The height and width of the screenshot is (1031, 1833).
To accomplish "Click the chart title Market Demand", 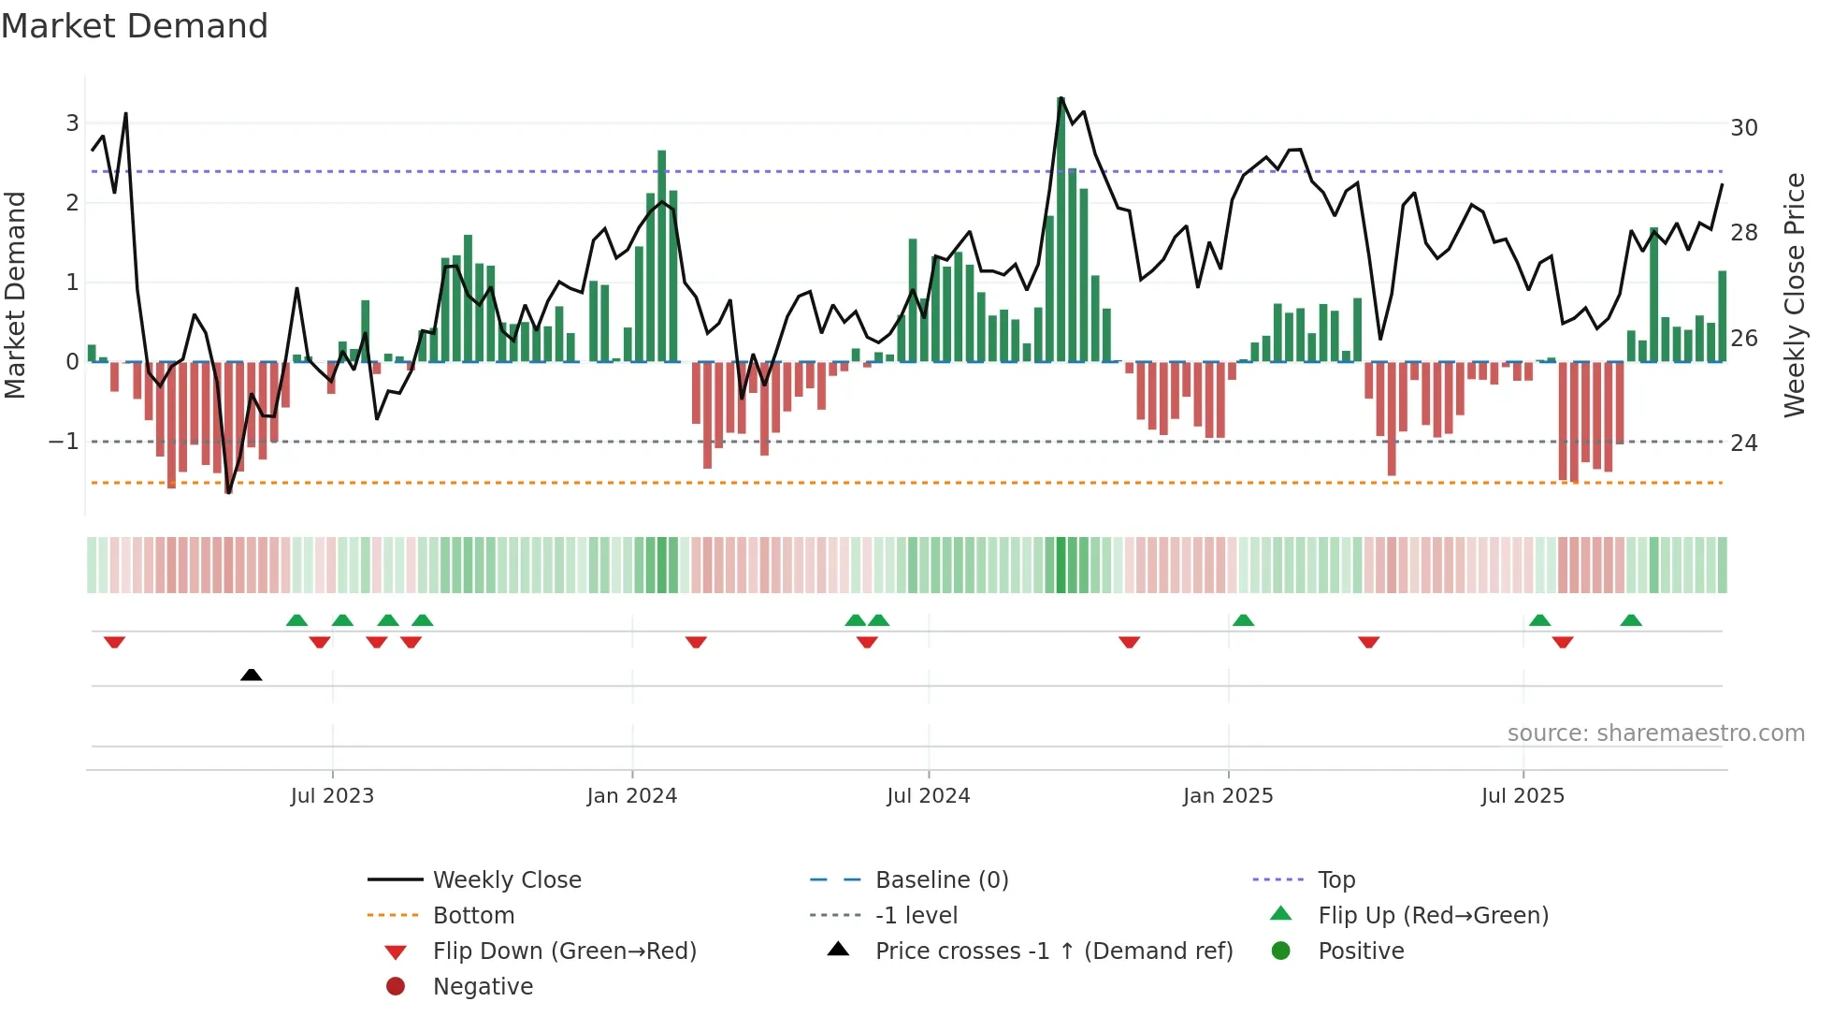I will click(x=135, y=26).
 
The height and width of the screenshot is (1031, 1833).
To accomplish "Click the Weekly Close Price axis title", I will click(x=1794, y=295).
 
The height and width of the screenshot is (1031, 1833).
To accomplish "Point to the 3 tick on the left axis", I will click(x=72, y=123).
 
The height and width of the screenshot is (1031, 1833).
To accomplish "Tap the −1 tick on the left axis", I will click(x=65, y=442).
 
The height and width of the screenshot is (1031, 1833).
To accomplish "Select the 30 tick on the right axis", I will click(x=1743, y=128).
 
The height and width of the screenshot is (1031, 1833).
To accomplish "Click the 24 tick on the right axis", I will click(x=1743, y=443).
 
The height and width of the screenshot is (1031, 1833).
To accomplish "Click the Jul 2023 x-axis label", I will click(x=332, y=796).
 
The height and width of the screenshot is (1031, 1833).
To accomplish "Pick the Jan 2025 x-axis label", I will click(x=1227, y=796).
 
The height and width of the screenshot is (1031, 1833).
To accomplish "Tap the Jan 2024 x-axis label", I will click(x=631, y=796).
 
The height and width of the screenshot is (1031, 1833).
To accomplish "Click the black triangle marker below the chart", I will click(x=251, y=675).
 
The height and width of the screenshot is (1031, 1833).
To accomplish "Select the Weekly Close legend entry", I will click(x=506, y=880).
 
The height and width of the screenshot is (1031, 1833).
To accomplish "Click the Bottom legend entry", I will click(x=473, y=916).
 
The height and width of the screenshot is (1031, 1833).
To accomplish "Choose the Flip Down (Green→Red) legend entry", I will click(x=564, y=951).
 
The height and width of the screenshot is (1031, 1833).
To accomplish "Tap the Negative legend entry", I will click(x=483, y=987).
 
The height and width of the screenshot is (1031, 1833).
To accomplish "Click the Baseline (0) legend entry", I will click(x=941, y=880).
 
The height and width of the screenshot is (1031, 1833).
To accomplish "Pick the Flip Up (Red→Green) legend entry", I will click(x=1433, y=916).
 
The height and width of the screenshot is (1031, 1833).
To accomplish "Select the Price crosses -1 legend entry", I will click(x=1053, y=951).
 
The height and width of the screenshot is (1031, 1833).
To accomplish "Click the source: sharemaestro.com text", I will click(x=1655, y=733).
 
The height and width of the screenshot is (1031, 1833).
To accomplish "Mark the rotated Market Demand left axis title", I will click(x=16, y=295).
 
